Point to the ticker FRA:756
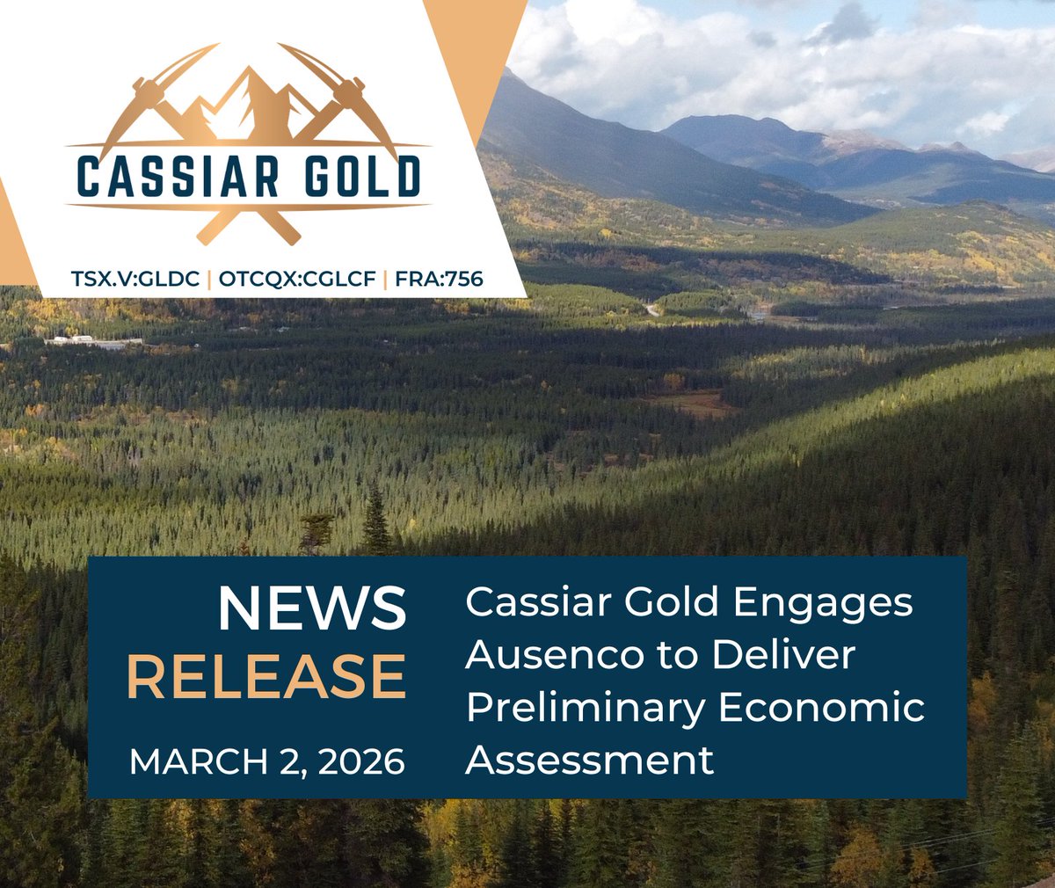[x=439, y=280]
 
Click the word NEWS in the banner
[x=312, y=608]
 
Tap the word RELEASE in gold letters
[x=266, y=677]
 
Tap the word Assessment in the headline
[x=589, y=760]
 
